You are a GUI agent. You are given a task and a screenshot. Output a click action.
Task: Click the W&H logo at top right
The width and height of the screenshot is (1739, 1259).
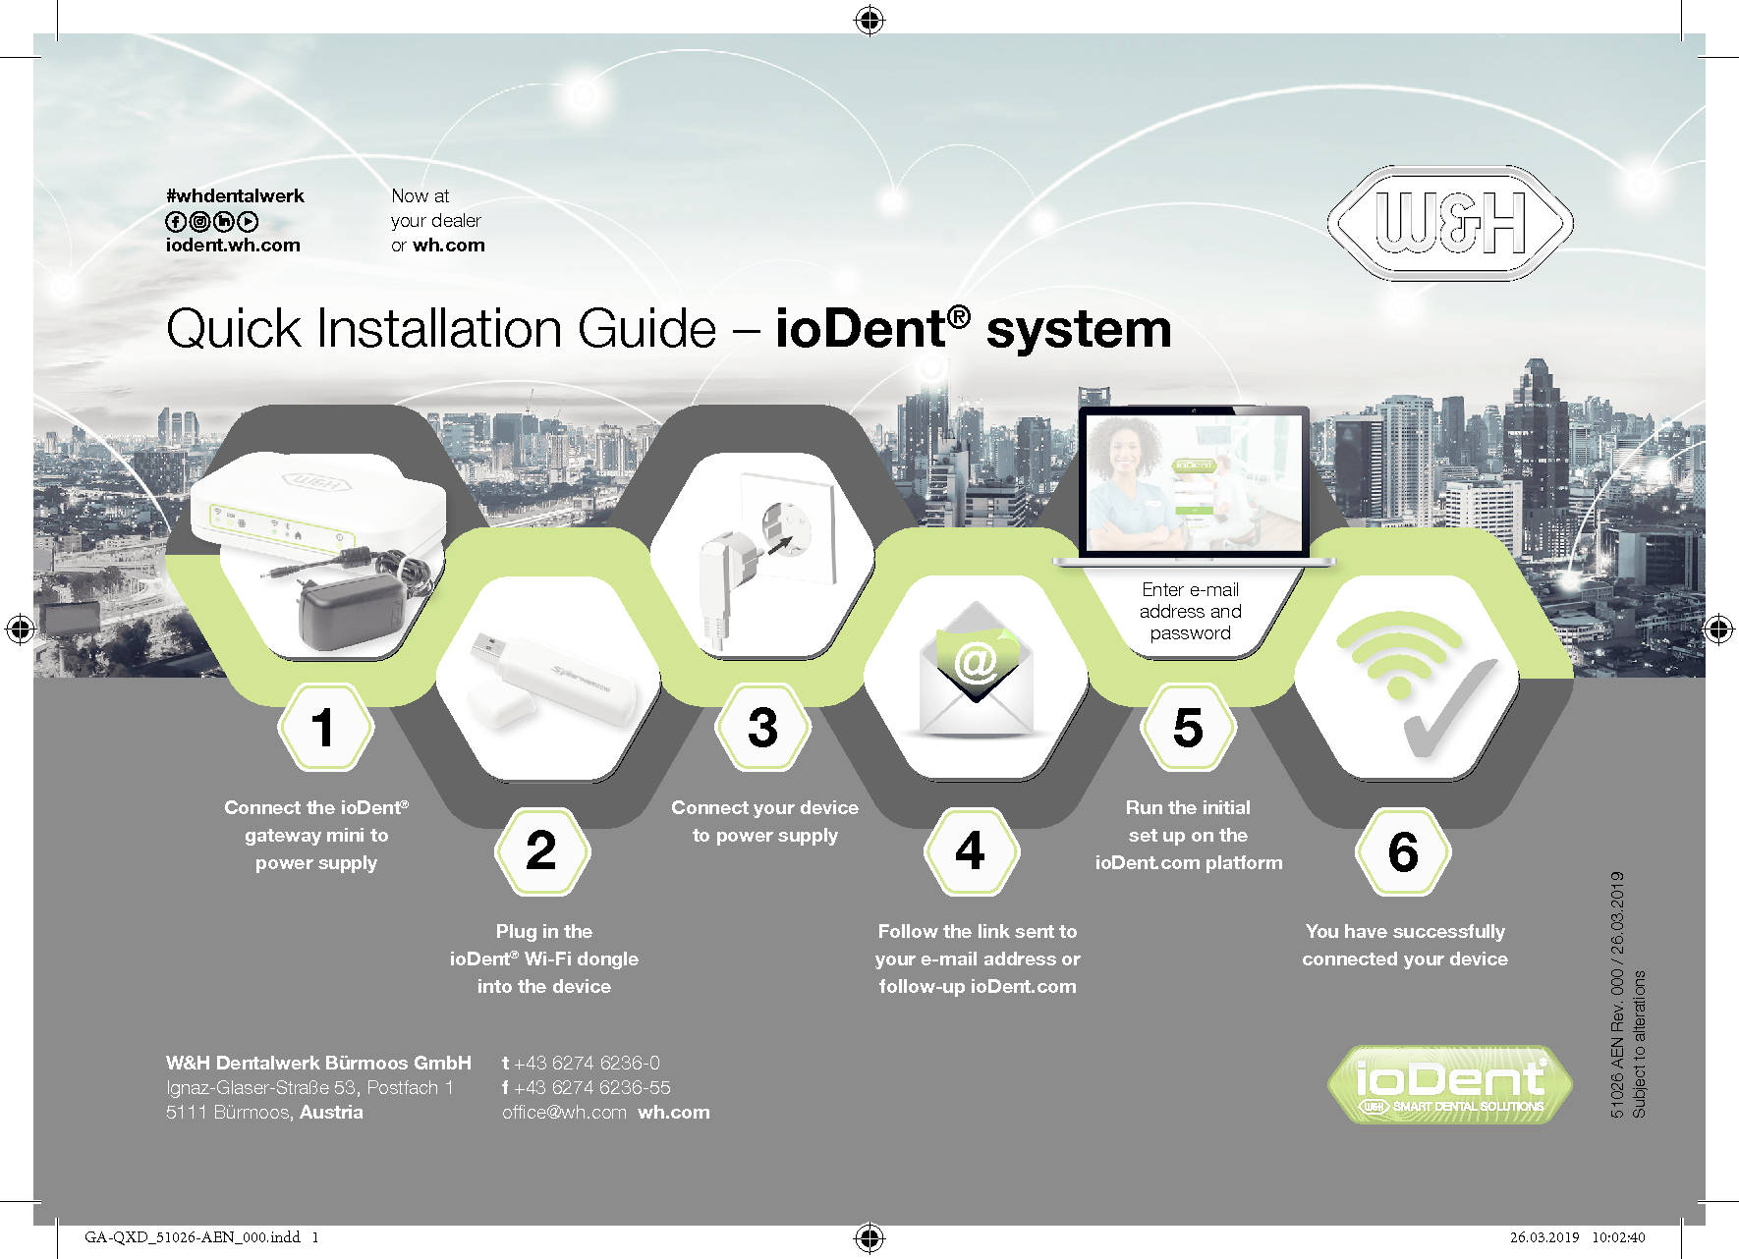pyautogui.click(x=1450, y=223)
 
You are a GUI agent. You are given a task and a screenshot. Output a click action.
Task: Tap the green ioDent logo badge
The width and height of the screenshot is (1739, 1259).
pyautogui.click(x=1450, y=1084)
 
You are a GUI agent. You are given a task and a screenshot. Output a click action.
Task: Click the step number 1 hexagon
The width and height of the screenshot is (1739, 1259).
pyautogui.click(x=325, y=728)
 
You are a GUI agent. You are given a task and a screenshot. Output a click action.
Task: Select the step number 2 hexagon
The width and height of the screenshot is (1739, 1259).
pyautogui.click(x=542, y=850)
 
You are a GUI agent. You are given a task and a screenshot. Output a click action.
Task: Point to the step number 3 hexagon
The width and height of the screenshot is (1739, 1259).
pyautogui.click(x=763, y=728)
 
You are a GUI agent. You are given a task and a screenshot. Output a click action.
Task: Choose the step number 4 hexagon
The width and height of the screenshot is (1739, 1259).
pyautogui.click(x=971, y=850)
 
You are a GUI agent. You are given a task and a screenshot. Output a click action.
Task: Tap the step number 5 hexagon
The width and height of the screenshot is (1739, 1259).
pyautogui.click(x=1188, y=728)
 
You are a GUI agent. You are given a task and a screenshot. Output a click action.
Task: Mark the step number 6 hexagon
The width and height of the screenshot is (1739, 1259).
pyautogui.click(x=1403, y=850)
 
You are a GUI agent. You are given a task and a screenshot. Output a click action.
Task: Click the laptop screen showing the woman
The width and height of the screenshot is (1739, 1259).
pyautogui.click(x=1194, y=482)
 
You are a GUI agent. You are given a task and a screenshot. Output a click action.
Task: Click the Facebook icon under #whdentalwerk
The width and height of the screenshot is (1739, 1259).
pyautogui.click(x=175, y=222)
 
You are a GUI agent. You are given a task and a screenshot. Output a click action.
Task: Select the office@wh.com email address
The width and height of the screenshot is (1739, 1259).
pyautogui.click(x=564, y=1113)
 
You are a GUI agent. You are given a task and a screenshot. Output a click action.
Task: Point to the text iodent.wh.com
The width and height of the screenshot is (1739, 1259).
pyautogui.click(x=233, y=246)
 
